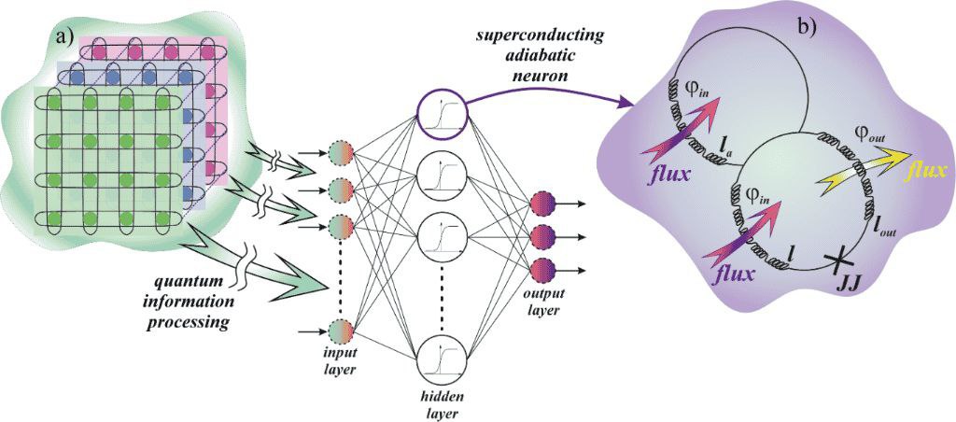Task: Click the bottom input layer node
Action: click(x=340, y=331)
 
